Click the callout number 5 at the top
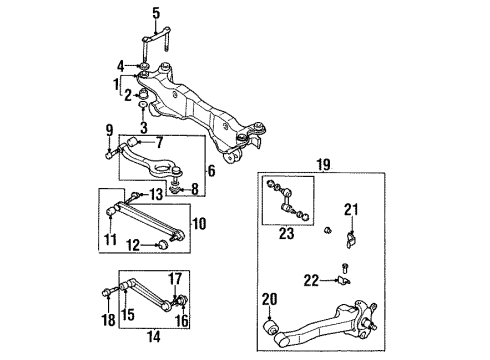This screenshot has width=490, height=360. [x=156, y=14]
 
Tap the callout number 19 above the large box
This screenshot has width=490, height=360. [x=323, y=165]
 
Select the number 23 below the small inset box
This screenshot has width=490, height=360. [x=287, y=234]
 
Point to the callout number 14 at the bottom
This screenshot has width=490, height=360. [x=154, y=337]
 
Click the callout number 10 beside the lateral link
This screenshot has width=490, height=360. [x=199, y=224]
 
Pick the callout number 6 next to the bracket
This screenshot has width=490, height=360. [x=212, y=171]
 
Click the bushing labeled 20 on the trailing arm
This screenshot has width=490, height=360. [x=269, y=326]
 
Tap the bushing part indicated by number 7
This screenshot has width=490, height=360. [x=133, y=141]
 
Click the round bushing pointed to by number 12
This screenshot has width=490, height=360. [x=163, y=245]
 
